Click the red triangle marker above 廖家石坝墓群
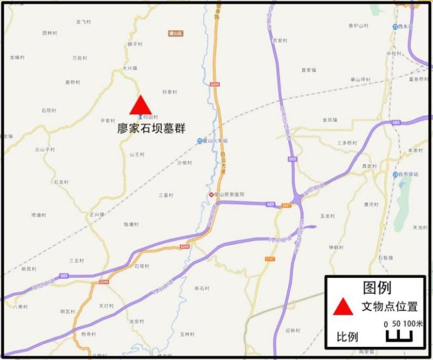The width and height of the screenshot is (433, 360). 140,105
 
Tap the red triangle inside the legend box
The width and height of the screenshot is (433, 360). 343,307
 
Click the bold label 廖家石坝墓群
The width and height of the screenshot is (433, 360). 151,129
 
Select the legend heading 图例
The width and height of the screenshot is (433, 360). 376,288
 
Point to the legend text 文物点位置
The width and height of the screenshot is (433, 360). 390,307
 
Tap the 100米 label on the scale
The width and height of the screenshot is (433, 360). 412,324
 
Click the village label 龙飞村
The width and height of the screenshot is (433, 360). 83,22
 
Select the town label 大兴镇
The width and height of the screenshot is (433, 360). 129,69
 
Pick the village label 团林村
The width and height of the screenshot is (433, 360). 49,33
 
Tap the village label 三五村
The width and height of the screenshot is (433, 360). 77,260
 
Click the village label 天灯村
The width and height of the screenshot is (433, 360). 106,306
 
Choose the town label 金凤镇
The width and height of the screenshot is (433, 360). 330,120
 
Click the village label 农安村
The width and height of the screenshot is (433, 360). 279,40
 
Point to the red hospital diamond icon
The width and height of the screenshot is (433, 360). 211,194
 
